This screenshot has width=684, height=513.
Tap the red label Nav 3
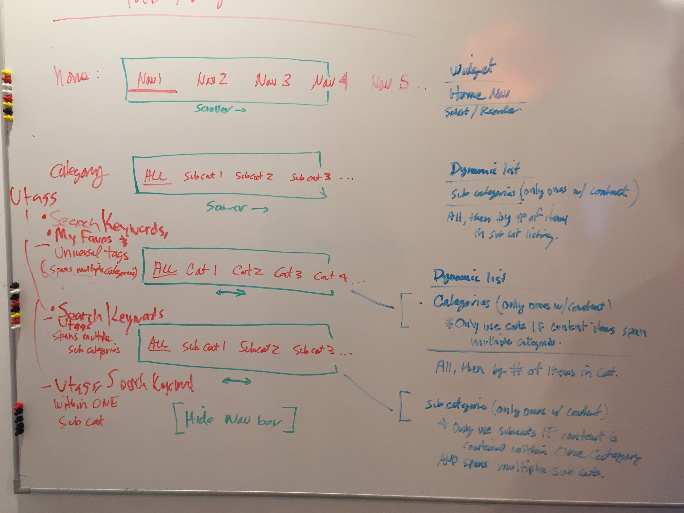point(273,80)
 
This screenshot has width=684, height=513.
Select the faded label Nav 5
point(390,83)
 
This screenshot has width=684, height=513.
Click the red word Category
point(79,175)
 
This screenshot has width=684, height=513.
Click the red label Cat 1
point(201,271)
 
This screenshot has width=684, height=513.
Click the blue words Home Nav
point(480,94)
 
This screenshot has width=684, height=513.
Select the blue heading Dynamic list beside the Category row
point(485,170)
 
